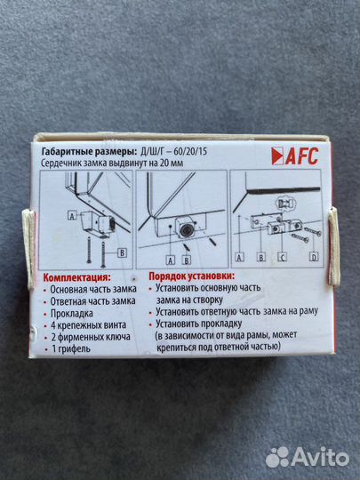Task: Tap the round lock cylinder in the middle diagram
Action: pyautogui.click(x=186, y=229)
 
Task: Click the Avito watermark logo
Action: pyautogui.click(x=306, y=455)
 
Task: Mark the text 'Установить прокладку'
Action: pyautogui.click(x=210, y=324)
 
